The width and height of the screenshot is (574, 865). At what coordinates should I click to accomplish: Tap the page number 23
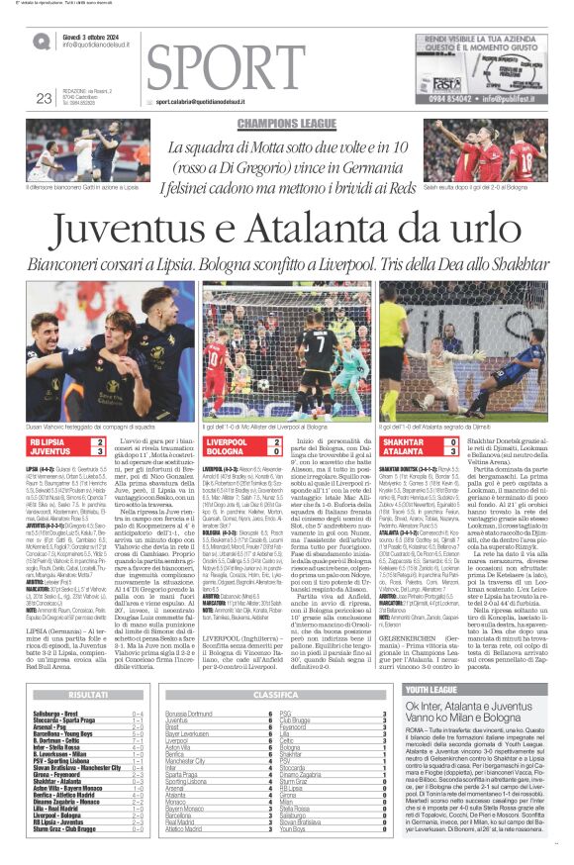click(x=43, y=97)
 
